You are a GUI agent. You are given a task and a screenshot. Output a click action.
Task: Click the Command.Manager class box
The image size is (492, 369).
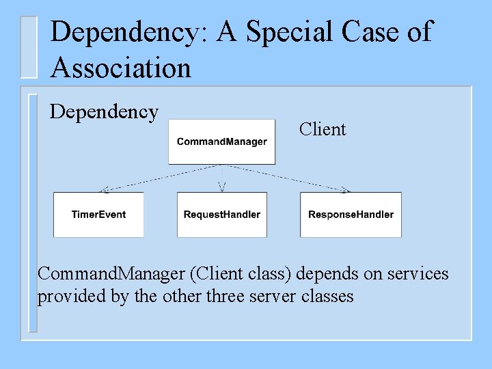click(x=221, y=141)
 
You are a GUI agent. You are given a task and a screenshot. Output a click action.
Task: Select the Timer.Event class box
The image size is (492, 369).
click(x=98, y=215)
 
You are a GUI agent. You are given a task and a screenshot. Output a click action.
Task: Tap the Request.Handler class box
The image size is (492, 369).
click(x=221, y=215)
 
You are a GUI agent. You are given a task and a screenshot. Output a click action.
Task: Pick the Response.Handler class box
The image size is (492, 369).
click(x=351, y=215)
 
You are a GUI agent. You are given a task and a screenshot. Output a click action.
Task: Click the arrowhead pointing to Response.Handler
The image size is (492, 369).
click(x=346, y=189)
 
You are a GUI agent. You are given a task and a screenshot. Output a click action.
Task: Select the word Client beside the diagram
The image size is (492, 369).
click(x=323, y=129)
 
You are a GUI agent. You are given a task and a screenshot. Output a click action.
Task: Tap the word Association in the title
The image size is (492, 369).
click(x=121, y=68)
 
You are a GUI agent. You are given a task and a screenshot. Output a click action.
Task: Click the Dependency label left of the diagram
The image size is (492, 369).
click(x=105, y=111)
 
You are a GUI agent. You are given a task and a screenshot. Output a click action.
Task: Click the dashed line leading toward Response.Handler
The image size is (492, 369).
click(x=287, y=177)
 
